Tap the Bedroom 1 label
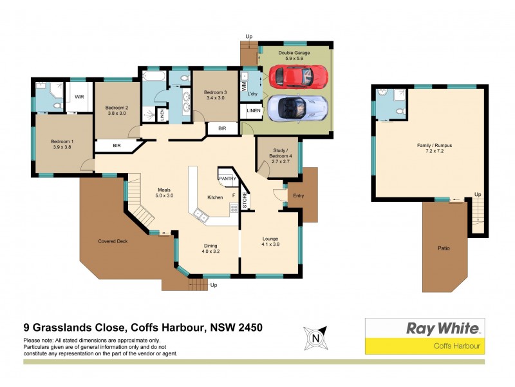tap(62, 144)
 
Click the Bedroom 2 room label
tap(118, 110)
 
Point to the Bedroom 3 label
tap(216, 95)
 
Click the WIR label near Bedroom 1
tap(80, 97)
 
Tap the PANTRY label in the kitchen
tap(227, 178)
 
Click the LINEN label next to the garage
tap(254, 112)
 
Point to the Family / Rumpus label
tap(434, 148)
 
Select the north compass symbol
tap(315, 337)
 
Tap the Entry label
tap(298, 196)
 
